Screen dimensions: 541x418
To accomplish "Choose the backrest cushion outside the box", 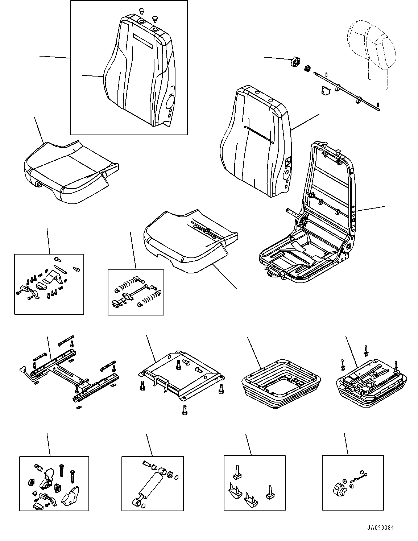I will (x=256, y=141).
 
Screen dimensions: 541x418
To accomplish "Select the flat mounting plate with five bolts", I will (x=181, y=377).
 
